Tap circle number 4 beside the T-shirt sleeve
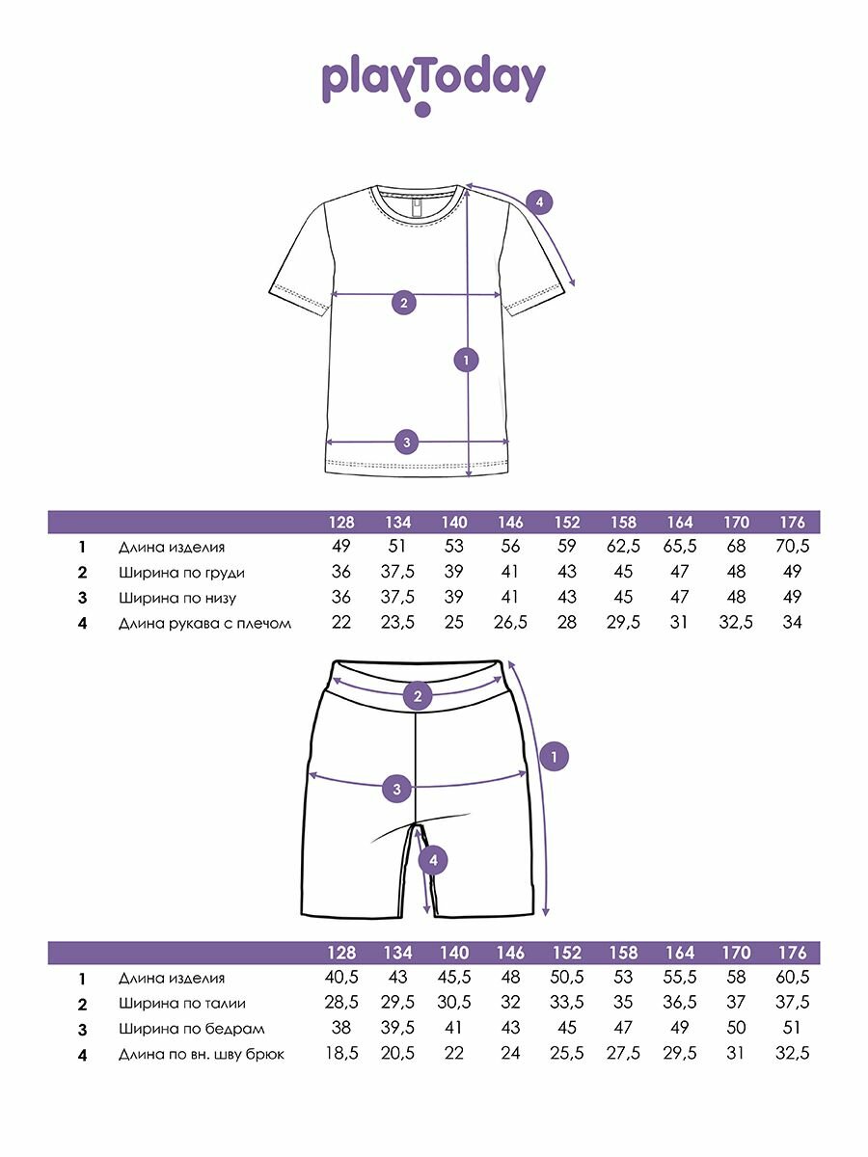tap(540, 202)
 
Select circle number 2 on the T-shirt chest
tap(404, 303)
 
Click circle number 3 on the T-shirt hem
tap(407, 443)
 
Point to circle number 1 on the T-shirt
tap(466, 361)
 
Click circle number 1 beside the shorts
tap(553, 757)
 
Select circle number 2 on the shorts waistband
tap(418, 695)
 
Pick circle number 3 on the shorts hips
tap(396, 789)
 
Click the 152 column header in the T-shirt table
tap(567, 522)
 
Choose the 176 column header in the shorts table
tap(792, 954)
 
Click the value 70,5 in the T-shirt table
tap(792, 547)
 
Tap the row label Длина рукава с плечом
tap(204, 623)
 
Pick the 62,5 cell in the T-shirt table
tap(623, 547)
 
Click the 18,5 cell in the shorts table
tap(341, 1054)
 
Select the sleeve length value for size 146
tap(511, 623)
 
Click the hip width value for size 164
tap(680, 1029)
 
